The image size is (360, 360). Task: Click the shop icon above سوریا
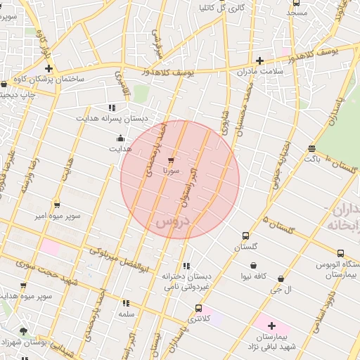[171, 160]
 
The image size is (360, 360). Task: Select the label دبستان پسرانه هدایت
[112, 119]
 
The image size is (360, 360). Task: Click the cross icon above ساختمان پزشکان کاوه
[49, 68]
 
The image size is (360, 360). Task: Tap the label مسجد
[297, 13]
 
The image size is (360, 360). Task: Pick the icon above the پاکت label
[311, 148]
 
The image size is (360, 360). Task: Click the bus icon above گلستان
[245, 236]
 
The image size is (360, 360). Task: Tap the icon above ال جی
[281, 279]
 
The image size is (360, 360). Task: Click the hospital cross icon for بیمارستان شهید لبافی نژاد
[271, 326]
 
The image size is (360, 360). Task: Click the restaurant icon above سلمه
[127, 303]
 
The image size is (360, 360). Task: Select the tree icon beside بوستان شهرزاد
[23, 331]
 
